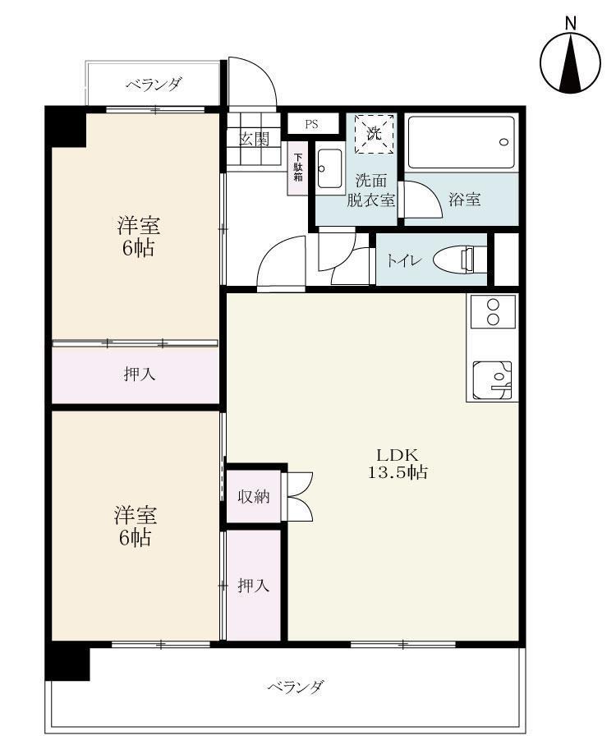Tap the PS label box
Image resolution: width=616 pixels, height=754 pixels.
point(311,125)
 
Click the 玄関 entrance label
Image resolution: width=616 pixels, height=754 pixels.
point(254,139)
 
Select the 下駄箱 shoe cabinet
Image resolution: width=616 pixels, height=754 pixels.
point(297,168)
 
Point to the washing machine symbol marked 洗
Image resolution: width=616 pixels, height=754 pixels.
point(375,133)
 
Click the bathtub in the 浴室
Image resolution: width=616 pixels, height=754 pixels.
point(461,142)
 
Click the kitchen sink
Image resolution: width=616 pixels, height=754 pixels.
point(492,380)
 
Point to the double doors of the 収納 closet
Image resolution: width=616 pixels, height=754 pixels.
point(299,496)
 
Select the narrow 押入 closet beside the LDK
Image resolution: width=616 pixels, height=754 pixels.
point(253,586)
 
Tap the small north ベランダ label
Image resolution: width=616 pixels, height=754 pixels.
point(154,85)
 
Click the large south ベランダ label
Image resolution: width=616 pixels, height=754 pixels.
point(295,687)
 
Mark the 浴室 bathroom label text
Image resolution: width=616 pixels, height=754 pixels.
point(464,200)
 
